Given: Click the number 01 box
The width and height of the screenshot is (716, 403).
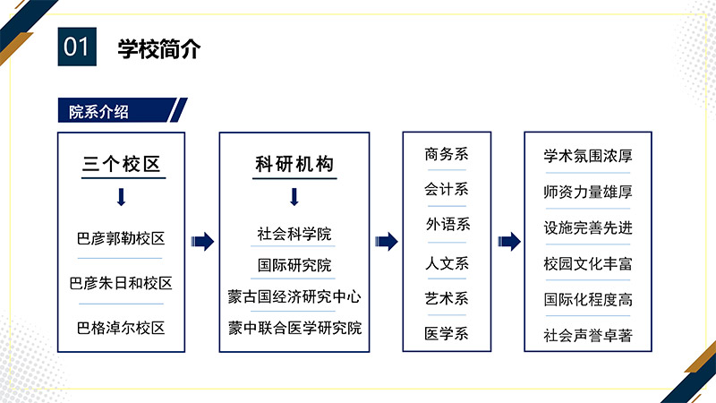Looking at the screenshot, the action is point(77,47).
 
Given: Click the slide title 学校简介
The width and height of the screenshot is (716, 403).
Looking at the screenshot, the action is point(159,49).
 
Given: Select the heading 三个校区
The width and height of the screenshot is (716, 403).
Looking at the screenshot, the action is point(122,164).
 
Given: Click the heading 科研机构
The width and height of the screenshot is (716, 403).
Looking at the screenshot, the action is point(294,164).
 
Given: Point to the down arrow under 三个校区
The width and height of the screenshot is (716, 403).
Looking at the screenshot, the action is point(121,197).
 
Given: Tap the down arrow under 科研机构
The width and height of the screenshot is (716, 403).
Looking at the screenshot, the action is point(294,197).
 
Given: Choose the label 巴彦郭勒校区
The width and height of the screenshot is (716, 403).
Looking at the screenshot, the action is point(121,238).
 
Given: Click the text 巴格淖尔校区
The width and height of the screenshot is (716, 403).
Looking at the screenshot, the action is point(121,328).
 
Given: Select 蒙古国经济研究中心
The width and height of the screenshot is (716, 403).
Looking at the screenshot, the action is point(294,296).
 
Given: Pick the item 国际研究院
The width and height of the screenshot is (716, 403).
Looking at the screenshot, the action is point(294,265).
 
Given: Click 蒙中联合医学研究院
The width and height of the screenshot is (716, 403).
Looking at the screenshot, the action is point(295,328).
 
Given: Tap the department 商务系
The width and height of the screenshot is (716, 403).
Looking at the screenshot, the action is point(447,154).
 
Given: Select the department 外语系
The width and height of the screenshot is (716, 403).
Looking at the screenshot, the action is point(447,224).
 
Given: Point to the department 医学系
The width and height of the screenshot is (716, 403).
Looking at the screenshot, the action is point(447,333).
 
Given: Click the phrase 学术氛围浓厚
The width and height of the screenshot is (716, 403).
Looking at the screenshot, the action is point(588,156).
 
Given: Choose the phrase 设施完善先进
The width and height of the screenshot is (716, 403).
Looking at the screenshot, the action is point(588,227).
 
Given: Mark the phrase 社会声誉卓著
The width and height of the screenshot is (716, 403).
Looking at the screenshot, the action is point(588,335).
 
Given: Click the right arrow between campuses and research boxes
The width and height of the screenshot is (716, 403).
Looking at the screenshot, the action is point(202,242).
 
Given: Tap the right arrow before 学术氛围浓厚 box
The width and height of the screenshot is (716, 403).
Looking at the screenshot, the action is point(509,242).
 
